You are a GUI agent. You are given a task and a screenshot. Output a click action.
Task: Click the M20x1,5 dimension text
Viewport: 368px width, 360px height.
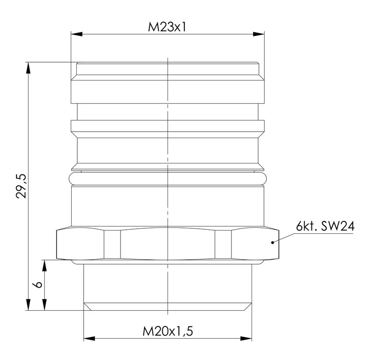(167, 331)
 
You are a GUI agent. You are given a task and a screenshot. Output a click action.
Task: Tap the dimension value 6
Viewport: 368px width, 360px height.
(39, 285)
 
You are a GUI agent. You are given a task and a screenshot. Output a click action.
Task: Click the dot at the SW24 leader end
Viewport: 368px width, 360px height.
(273, 242)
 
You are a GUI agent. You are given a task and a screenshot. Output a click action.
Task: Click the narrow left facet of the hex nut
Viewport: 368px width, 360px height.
(112, 244)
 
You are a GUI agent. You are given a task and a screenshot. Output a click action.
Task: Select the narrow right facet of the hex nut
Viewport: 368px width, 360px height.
(223, 244)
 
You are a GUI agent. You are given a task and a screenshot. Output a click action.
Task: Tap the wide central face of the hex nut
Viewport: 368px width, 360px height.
(167, 244)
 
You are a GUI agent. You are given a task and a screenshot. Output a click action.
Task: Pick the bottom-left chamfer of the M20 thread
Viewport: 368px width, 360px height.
(87, 307)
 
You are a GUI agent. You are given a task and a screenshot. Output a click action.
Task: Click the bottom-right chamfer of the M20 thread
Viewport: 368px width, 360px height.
(248, 307)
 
